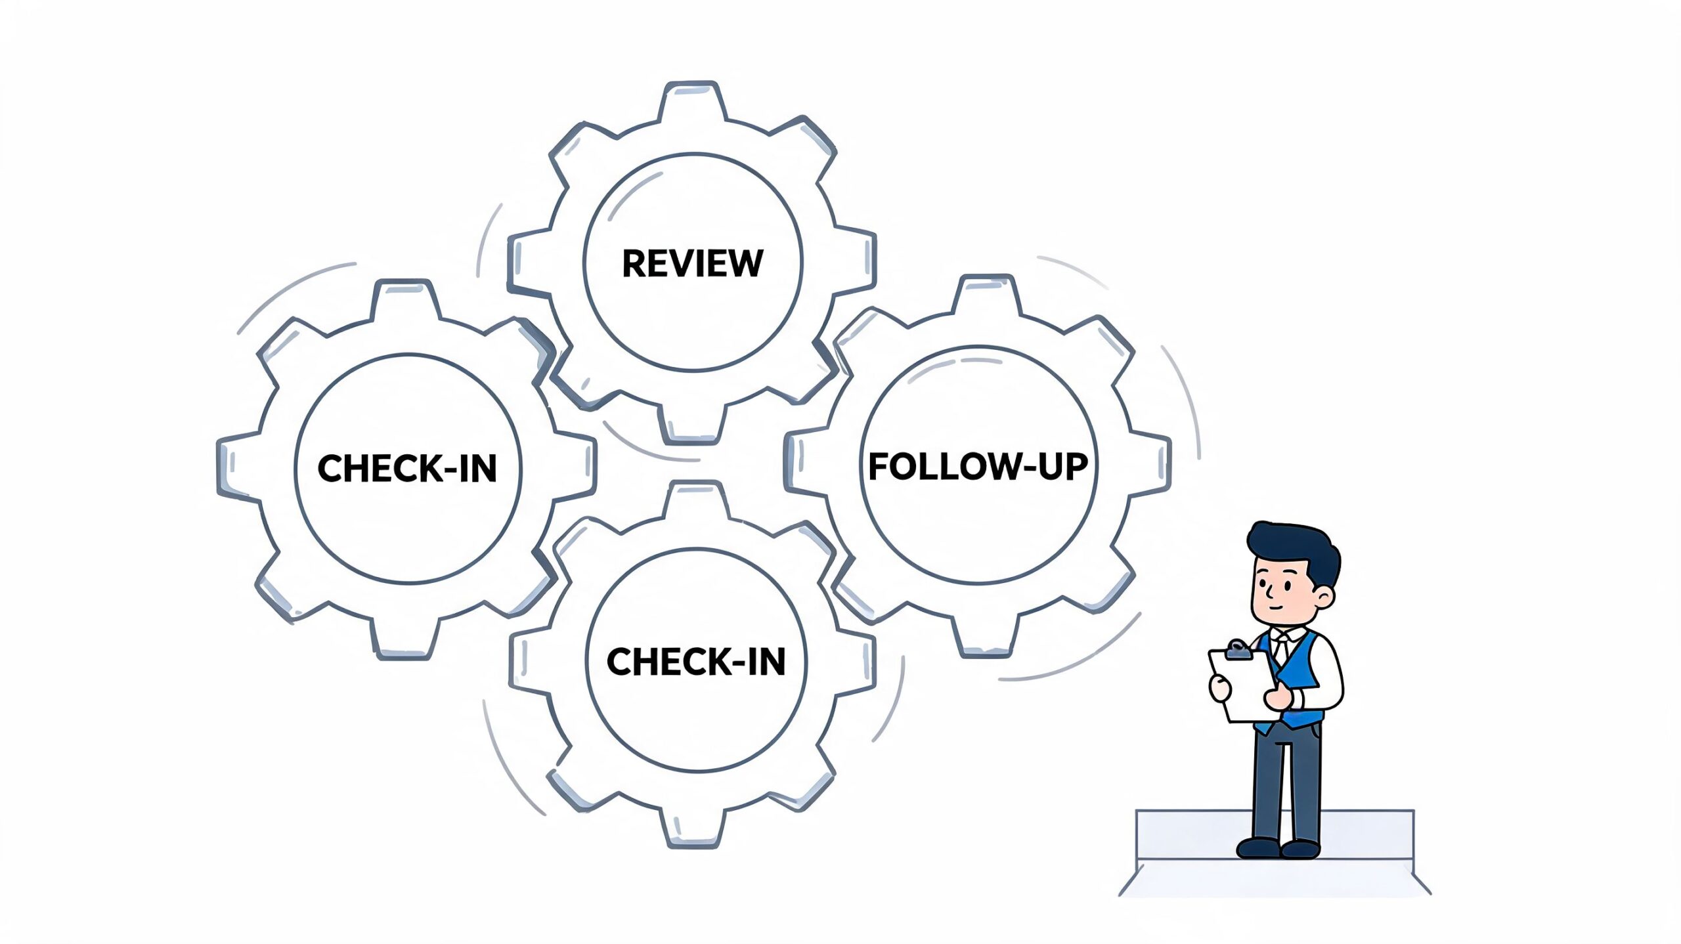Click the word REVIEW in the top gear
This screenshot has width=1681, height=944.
pos(692,263)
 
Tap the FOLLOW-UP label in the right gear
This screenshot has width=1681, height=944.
pos(978,467)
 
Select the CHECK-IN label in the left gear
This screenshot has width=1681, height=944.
pos(407,469)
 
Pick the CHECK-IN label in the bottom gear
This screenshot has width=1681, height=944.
pos(696,662)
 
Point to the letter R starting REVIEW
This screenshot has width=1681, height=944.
pos(633,263)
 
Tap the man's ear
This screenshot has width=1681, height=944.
pos(1324,597)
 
